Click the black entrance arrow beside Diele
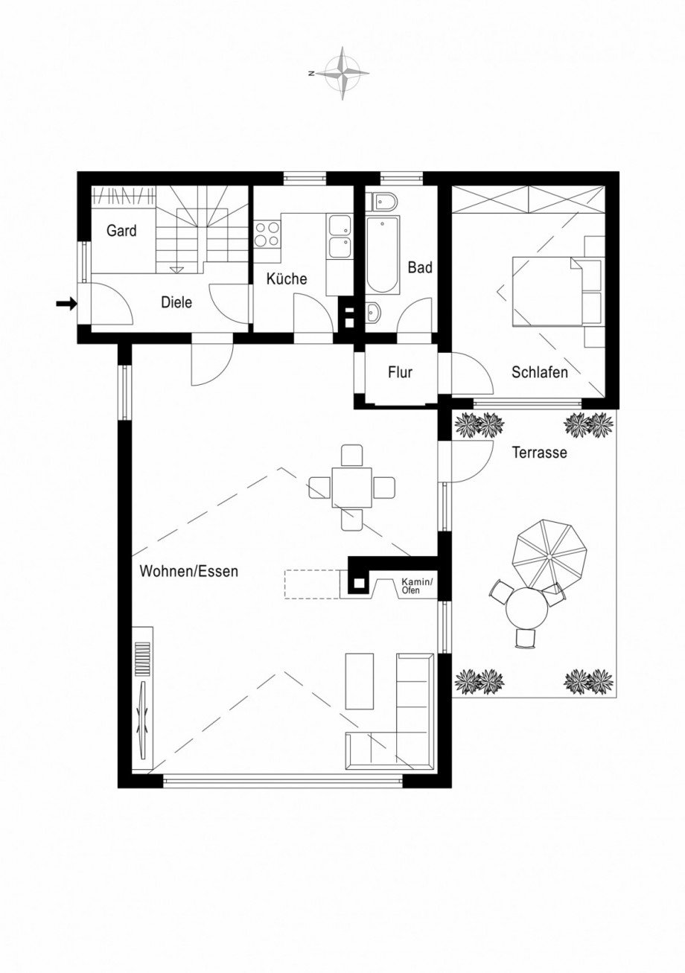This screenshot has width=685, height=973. click(x=66, y=303)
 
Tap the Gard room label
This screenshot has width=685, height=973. click(x=121, y=231)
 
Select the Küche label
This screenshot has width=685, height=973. click(x=287, y=279)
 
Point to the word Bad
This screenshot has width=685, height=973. click(x=420, y=267)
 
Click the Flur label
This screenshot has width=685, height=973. click(x=400, y=372)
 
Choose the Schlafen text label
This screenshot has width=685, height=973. click(x=539, y=372)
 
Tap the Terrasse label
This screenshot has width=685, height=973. click(x=539, y=452)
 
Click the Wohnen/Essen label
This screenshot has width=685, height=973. click(x=189, y=572)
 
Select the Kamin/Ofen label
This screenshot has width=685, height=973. click(x=416, y=585)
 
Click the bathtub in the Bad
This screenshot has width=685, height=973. click(x=383, y=255)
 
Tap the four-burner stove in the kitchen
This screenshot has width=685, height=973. click(x=267, y=234)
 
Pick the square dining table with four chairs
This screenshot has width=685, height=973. click(x=351, y=488)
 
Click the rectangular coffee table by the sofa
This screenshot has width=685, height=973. click(x=360, y=680)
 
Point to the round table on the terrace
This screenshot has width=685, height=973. click(x=526, y=609)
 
